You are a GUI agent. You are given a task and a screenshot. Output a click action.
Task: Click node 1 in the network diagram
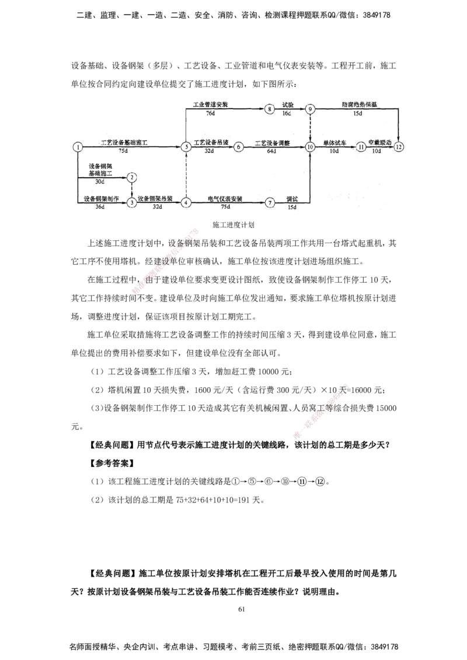pos(77,147)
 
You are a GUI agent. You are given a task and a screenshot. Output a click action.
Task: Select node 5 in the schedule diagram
pos(185,147)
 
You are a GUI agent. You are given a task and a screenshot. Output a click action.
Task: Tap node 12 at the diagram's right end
pos(399,147)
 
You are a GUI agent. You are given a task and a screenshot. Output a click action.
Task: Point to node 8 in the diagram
pos(269,109)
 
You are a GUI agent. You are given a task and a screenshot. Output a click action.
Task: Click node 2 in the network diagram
pos(133,177)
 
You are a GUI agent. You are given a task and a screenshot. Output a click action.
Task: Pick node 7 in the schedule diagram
pos(269,202)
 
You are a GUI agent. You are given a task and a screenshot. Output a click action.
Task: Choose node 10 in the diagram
pos(310,147)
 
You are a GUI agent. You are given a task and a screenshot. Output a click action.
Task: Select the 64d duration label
pos(271,151)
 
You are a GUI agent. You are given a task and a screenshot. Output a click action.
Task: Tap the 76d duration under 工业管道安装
pos(210,113)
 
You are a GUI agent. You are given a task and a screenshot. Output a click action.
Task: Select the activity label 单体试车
pos(334,142)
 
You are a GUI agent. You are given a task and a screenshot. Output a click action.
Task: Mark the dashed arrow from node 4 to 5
pos(185,175)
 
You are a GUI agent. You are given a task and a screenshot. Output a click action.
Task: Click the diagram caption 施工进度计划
pos(233,223)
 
